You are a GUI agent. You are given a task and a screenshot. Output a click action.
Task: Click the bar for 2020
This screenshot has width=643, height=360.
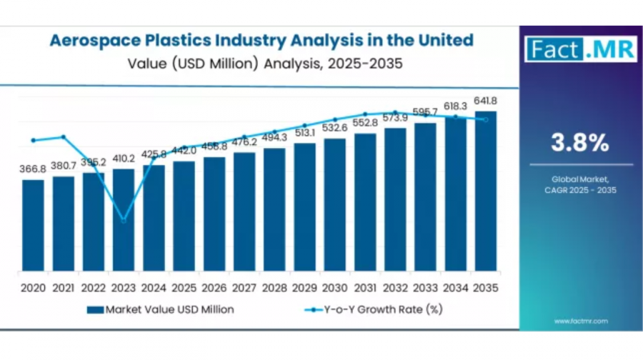(x=33, y=225)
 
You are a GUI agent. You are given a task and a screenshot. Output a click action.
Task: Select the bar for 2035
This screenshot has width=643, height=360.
(x=486, y=191)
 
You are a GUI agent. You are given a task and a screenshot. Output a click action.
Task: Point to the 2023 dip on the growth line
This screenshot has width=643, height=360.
(x=124, y=221)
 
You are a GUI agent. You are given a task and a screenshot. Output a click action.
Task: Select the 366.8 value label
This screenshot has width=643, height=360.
(x=33, y=169)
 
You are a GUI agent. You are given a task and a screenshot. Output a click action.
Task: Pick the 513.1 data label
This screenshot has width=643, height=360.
(x=304, y=133)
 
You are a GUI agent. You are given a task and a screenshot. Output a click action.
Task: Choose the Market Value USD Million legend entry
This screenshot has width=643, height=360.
(x=160, y=309)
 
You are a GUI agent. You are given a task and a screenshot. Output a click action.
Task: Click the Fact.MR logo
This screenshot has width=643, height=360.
(x=579, y=49)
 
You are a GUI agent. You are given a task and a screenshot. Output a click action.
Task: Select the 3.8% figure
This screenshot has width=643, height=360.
(x=579, y=143)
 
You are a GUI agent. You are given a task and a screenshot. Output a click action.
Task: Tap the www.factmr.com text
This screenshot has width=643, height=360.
(x=581, y=321)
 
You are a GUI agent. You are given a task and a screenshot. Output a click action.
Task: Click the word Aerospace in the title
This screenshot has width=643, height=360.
(x=96, y=40)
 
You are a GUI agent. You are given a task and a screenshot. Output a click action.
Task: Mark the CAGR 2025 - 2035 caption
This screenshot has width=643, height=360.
(x=580, y=190)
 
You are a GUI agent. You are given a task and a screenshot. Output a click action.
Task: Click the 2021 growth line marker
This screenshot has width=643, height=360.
(x=63, y=136)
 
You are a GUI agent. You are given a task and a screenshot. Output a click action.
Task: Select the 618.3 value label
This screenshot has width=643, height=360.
(x=455, y=106)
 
